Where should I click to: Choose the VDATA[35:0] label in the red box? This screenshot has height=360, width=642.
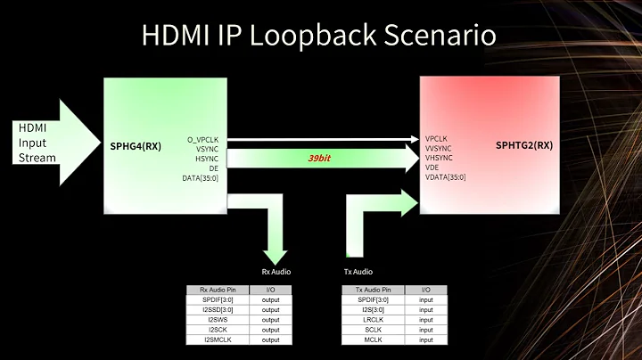click(446, 177)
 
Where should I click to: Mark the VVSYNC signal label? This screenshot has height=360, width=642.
click(440, 149)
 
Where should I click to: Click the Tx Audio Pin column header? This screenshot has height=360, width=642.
click(374, 290)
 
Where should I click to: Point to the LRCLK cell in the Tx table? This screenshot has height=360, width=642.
click(374, 320)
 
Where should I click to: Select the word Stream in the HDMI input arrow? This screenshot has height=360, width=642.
click(37, 158)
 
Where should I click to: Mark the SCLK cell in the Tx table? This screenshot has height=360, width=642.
click(374, 330)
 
